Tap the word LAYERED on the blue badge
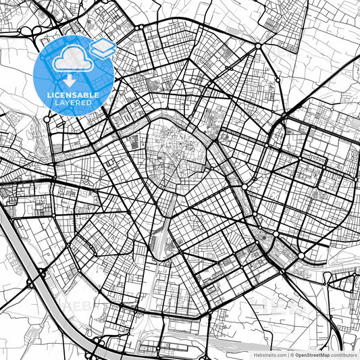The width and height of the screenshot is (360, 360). [x=74, y=103]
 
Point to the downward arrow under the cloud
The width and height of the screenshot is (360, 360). [x=74, y=78]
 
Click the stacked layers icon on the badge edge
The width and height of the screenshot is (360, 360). [x=102, y=48]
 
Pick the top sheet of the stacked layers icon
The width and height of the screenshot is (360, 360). [x=102, y=45]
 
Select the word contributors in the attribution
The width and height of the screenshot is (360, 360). [x=343, y=354]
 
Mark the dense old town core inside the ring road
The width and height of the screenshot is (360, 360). [x=174, y=145]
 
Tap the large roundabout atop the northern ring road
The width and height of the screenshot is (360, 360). [x=258, y=46]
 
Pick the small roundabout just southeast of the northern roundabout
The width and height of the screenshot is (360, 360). [x=276, y=80]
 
